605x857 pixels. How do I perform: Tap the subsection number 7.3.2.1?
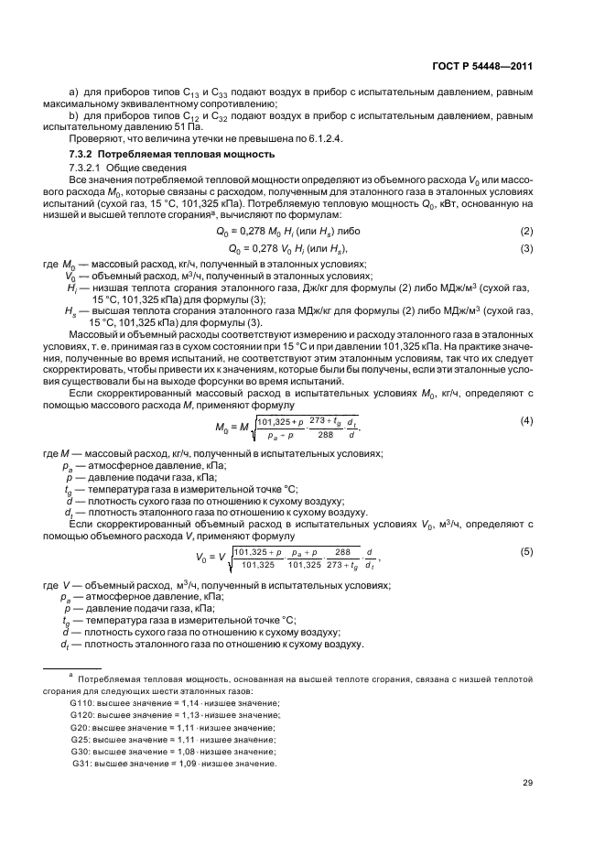tap(87, 168)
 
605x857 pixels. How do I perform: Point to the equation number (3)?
tap(526, 248)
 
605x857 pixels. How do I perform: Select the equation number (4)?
tap(526, 420)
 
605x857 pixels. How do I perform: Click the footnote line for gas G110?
tap(174, 701)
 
